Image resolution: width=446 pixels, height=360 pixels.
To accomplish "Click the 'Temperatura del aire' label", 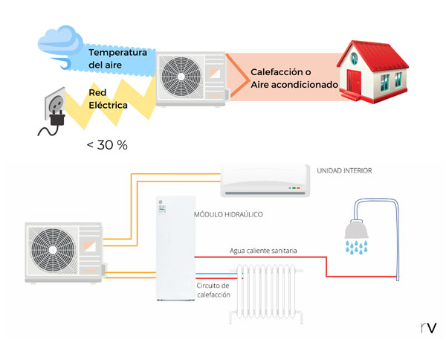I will tap(115, 59).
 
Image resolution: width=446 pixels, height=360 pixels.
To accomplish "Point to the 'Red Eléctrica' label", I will tap(108, 99).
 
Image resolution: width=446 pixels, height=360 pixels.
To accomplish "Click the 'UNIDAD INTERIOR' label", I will tap(343, 170).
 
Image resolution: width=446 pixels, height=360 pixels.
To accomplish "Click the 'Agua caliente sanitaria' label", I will tap(263, 251).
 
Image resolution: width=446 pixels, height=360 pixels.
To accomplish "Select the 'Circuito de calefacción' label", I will tap(213, 290).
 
